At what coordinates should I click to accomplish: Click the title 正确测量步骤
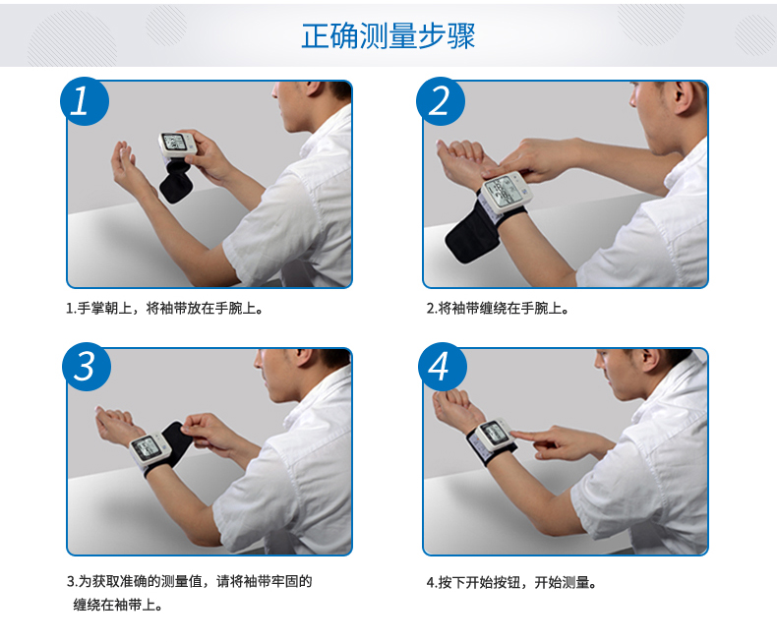388,36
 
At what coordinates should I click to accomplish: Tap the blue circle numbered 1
85,101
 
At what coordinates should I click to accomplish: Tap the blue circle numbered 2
441,101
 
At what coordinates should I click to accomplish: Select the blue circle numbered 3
87,367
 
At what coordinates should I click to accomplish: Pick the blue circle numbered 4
443,367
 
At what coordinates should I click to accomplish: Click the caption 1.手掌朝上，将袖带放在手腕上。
164,308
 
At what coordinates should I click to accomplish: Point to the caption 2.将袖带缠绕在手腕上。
498,308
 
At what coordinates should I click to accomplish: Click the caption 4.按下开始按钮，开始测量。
511,582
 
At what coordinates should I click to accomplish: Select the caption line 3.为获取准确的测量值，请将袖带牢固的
189,581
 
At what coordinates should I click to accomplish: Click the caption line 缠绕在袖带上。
118,605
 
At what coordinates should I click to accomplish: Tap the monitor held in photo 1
177,145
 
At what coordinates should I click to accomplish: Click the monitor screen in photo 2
502,190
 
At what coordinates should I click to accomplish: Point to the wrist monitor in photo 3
149,448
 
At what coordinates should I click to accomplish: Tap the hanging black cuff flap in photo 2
468,234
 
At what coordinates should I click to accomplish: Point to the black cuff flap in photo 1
176,181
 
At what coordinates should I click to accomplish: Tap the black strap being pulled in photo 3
175,444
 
